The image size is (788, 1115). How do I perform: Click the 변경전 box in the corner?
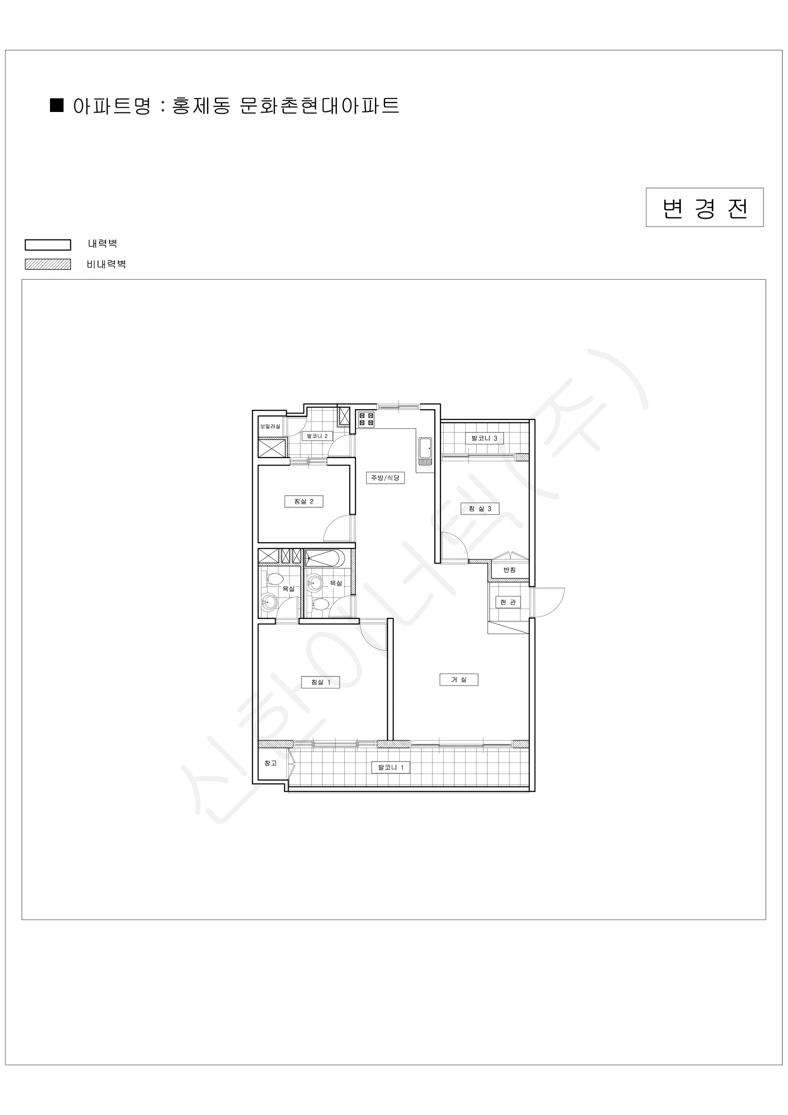coord(704,207)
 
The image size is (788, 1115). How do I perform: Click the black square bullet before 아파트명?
coord(57,105)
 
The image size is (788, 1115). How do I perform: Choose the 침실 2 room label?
coord(304,502)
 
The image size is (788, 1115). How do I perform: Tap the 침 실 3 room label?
coord(480,508)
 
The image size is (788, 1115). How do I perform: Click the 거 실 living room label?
coord(459,679)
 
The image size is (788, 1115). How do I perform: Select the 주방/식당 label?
coord(385,478)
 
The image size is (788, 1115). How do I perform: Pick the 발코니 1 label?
coord(391,767)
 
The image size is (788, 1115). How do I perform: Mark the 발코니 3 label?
coord(484,438)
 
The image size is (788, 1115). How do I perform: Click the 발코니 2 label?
coord(317,436)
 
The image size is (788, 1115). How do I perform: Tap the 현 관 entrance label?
coord(508,602)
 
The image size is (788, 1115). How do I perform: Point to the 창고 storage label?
coord(270,763)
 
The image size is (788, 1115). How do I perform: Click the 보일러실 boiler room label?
coord(270,426)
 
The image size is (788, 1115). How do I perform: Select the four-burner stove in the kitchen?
coord(366,420)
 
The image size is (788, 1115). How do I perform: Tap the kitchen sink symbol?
coord(426,451)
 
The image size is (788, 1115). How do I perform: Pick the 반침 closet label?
coord(510,570)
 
